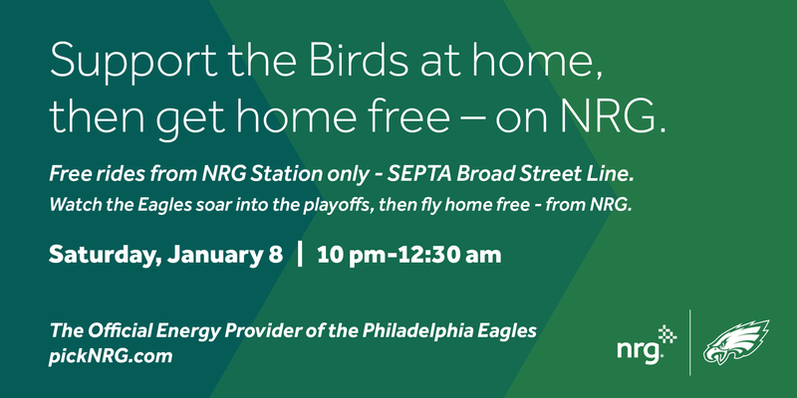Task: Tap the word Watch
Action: tap(71, 205)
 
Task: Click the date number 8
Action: tap(275, 255)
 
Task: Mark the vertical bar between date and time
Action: tap(300, 255)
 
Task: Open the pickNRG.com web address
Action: tap(111, 356)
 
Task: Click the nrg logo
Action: tap(647, 344)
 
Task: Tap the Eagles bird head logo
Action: tap(736, 342)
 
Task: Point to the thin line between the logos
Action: tap(689, 342)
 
